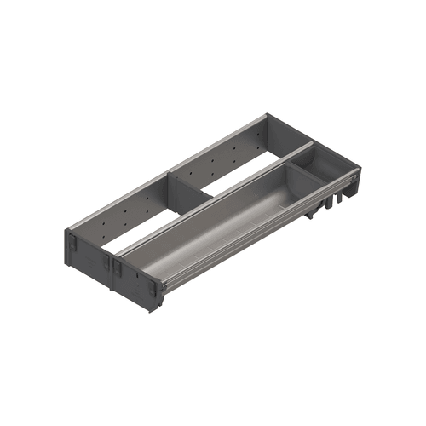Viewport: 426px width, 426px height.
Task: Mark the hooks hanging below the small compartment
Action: pos(328,205)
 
